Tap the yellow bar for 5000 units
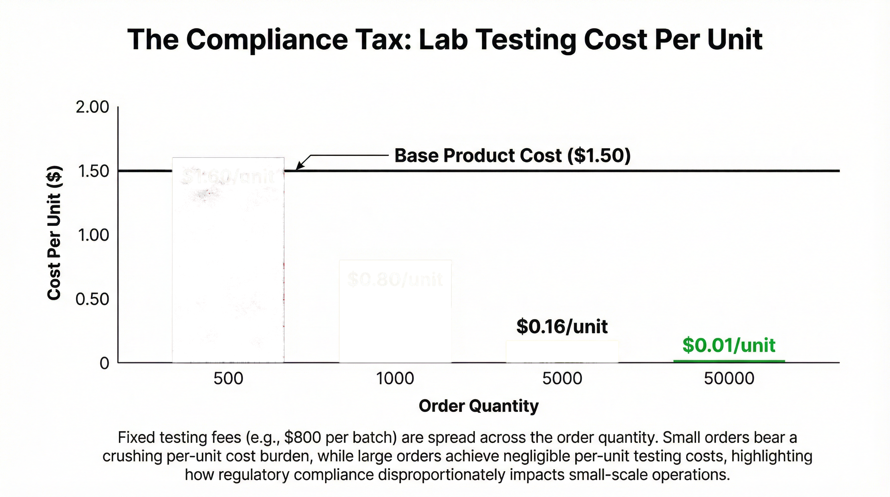click(562, 352)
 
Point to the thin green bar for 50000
click(729, 361)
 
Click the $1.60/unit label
click(228, 177)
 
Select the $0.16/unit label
click(562, 326)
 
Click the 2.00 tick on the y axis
click(92, 107)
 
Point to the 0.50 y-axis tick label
click(92, 299)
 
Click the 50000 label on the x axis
click(729, 379)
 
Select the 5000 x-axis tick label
click(562, 379)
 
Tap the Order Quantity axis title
click(479, 406)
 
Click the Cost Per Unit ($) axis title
click(54, 233)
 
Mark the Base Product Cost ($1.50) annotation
click(512, 156)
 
